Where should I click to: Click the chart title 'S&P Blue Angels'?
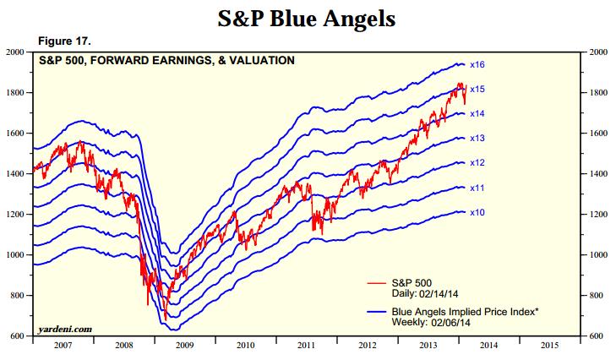pos(307,18)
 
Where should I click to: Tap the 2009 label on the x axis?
pos(183,346)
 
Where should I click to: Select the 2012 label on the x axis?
pos(368,346)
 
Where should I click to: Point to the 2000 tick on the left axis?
pos(16,52)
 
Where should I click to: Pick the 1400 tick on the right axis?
pos(597,174)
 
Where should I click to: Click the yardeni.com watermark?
pos(65,329)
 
